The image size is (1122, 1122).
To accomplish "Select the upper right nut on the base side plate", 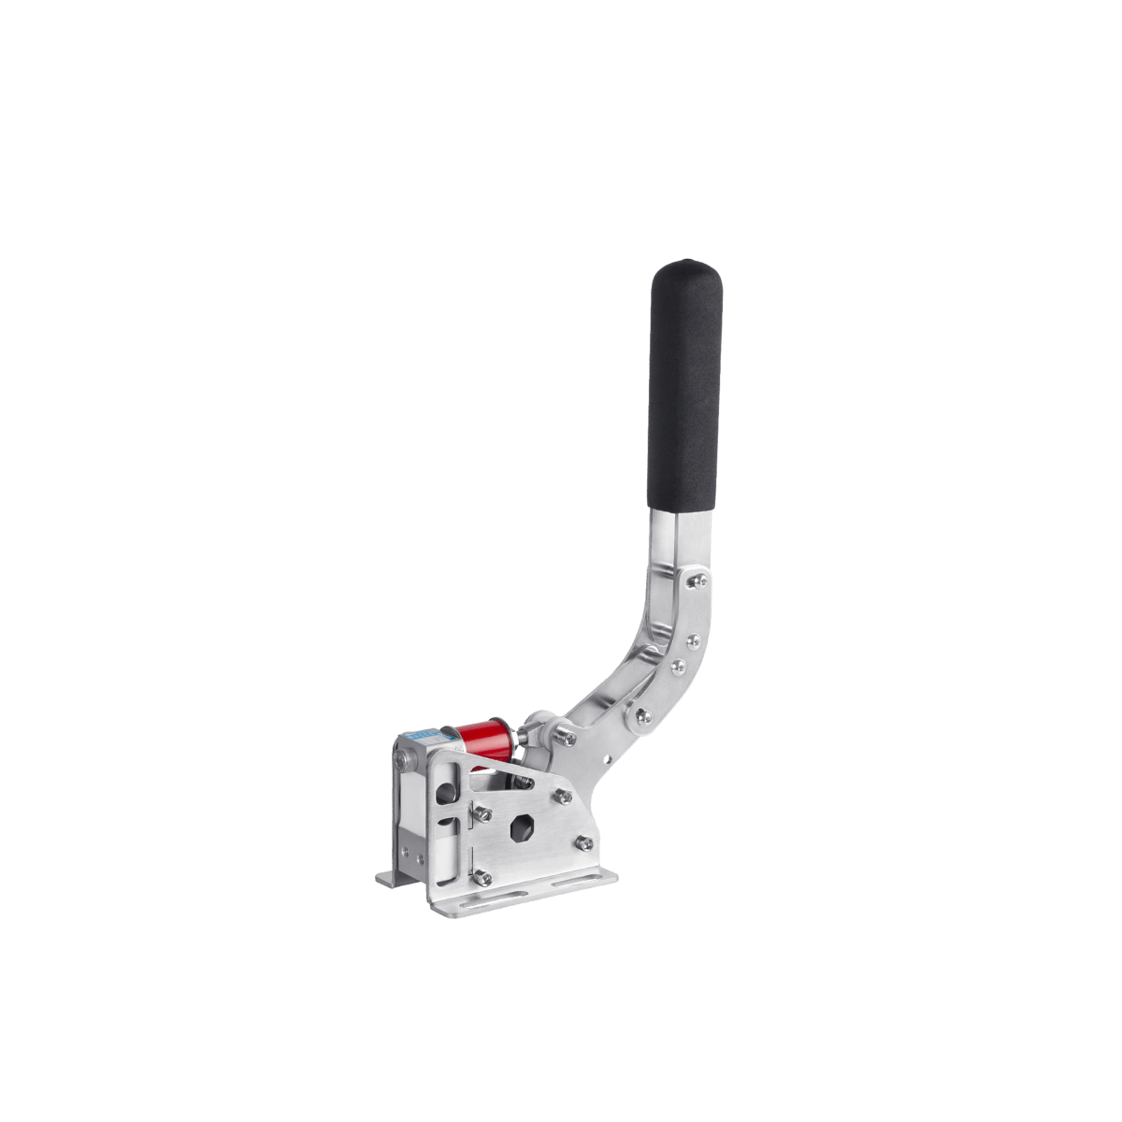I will coord(564,796).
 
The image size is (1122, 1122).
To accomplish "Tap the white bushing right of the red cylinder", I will coord(537,726).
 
